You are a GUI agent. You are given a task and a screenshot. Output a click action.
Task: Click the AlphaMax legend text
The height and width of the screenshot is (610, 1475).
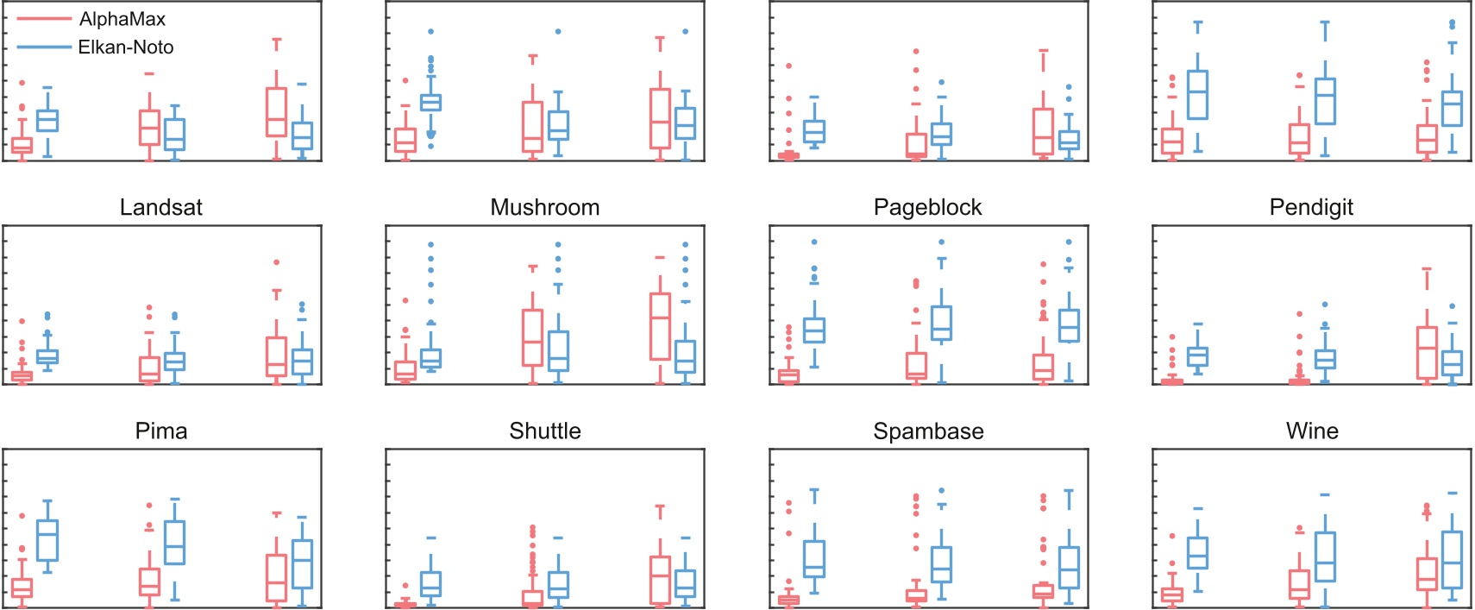[x=122, y=19]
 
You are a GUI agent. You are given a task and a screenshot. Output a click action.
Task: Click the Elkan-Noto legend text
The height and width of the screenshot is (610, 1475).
[x=126, y=47]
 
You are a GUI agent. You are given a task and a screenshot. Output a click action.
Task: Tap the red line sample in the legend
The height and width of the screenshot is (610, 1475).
[x=43, y=19]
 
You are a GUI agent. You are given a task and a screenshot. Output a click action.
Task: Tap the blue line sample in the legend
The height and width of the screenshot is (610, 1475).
[x=43, y=47]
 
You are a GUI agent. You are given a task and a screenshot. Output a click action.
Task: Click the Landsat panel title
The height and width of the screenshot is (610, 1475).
[x=160, y=207]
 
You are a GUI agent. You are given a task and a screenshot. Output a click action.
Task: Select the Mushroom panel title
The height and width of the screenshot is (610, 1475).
[x=544, y=207]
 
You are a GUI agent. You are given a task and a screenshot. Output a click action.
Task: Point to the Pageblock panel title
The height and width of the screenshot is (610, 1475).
[x=927, y=207]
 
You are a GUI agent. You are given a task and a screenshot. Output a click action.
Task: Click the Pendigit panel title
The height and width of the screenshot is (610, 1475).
[x=1311, y=207]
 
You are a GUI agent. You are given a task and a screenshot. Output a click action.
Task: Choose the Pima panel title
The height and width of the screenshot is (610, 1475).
[x=160, y=431]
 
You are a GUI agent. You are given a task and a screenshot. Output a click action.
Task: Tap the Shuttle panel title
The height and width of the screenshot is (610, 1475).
[x=544, y=431]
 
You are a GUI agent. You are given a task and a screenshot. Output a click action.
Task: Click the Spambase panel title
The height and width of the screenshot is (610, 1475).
[x=928, y=431]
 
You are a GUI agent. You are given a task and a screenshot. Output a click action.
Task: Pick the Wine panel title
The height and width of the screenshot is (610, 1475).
[x=1312, y=431]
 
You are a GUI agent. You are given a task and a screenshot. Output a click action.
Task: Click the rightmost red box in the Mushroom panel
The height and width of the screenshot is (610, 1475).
[x=660, y=326]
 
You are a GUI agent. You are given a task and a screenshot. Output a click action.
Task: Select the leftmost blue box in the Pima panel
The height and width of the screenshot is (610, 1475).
[x=47, y=540]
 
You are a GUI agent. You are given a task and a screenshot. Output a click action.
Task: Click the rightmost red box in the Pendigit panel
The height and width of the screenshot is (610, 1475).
[x=1427, y=352]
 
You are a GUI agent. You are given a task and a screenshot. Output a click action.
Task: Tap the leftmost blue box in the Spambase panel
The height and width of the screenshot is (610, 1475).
[x=814, y=559]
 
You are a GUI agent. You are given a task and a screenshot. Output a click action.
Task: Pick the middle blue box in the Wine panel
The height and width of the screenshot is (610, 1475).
[x=1325, y=557]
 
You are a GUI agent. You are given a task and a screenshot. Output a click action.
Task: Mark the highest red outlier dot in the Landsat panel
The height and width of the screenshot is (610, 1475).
[x=276, y=261]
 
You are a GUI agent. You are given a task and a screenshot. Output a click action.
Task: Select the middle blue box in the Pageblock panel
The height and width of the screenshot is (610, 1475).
[x=941, y=323]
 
